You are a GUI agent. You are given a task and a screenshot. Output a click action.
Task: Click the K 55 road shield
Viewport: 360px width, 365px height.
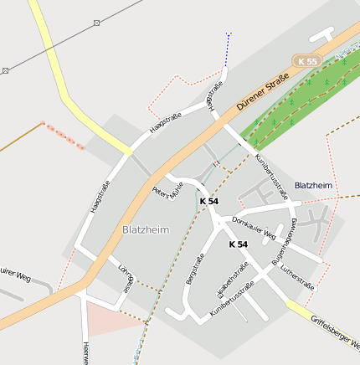[x=306, y=61]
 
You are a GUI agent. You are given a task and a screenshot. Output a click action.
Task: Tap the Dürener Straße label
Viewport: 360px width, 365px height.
[x=262, y=93]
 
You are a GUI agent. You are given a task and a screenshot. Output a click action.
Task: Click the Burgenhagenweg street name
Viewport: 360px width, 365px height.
[x=285, y=241]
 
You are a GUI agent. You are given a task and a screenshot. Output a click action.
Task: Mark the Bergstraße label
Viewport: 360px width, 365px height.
[x=195, y=269]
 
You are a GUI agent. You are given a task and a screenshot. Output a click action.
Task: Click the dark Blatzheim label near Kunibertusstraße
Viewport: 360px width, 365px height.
[x=313, y=185]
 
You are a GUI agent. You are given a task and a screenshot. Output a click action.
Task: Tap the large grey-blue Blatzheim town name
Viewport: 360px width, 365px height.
[x=146, y=229]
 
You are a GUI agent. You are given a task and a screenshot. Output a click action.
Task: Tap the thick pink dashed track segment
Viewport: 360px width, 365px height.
[x=64, y=136]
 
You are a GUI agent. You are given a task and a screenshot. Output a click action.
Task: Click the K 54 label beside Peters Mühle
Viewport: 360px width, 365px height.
[x=208, y=202]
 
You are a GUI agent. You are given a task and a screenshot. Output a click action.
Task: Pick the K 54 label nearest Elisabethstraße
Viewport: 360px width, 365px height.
[x=238, y=244]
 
